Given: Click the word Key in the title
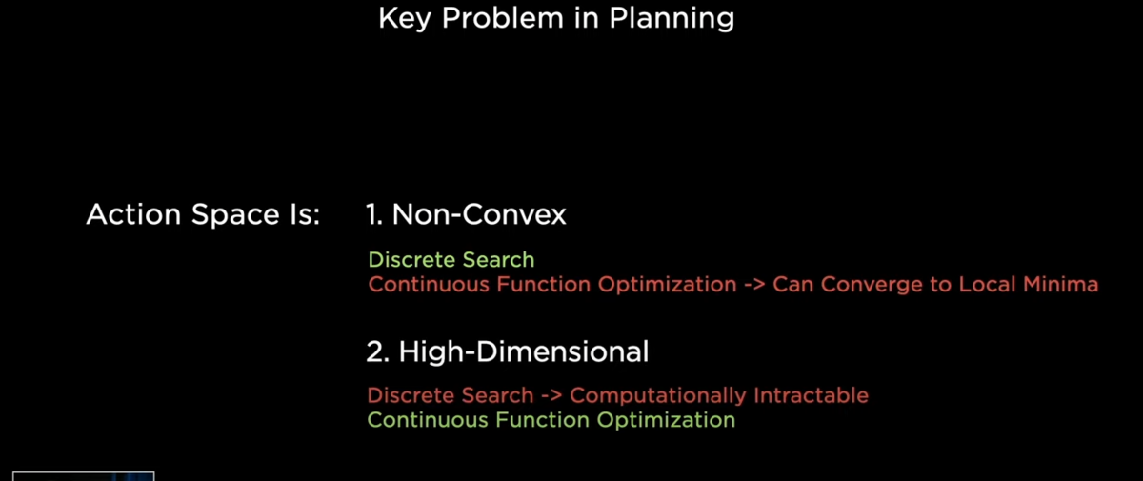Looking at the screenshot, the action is click(404, 19).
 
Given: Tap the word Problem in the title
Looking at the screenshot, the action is click(503, 18).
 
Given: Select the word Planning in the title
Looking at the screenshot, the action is click(672, 19).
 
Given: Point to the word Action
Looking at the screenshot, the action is click(133, 214).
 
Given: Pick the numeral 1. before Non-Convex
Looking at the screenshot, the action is click(374, 214).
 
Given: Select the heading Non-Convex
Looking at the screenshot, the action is click(479, 214).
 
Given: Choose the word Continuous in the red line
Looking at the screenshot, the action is click(429, 284).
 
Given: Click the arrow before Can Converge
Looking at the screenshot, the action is click(754, 285).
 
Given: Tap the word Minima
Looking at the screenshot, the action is click(1060, 284).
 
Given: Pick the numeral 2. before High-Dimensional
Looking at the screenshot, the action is click(377, 352).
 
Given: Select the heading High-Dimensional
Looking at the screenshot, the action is click(524, 352).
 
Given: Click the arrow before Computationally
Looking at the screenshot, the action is click(551, 396).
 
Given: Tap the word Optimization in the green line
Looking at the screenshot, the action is click(666, 420).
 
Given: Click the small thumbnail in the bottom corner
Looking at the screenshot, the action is click(83, 476).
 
